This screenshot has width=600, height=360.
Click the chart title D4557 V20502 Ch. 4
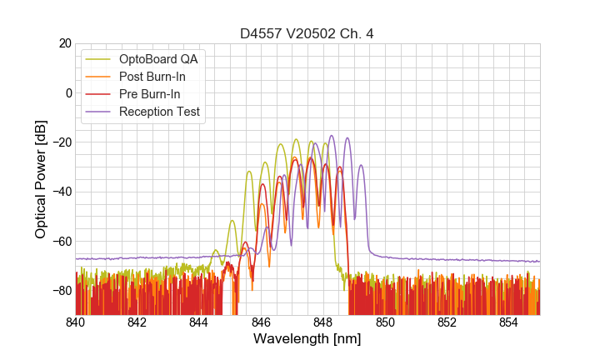pyautogui.click(x=307, y=34)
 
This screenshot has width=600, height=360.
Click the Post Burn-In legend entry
pyautogui.click(x=163, y=77)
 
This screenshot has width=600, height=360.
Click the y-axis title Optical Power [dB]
pyautogui.click(x=41, y=178)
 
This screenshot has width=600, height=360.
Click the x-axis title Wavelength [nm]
pyautogui.click(x=307, y=339)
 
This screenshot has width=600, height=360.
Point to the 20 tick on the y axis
pyautogui.click(x=62, y=43)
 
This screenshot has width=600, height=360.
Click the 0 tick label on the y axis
pyautogui.click(x=66, y=92)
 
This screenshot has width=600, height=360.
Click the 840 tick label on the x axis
pyautogui.click(x=76, y=322)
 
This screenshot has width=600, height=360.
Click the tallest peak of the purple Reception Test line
pyautogui.click(x=332, y=136)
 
